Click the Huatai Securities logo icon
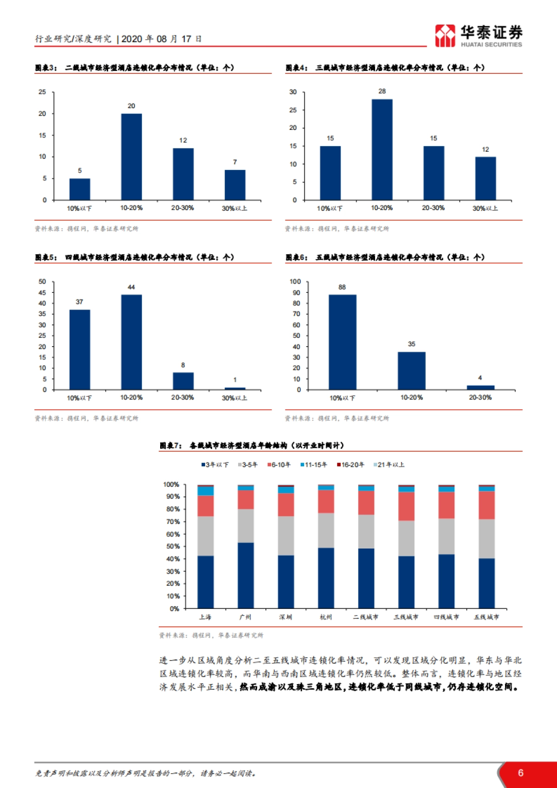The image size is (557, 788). [445, 36]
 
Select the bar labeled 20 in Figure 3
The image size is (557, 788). [131, 157]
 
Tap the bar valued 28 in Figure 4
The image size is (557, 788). [382, 149]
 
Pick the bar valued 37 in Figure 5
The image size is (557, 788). [80, 349]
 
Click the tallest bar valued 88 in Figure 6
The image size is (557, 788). [343, 342]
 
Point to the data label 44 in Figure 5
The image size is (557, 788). [131, 287]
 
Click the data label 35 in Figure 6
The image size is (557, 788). [412, 344]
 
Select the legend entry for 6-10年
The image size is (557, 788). [279, 465]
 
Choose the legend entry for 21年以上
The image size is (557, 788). [389, 465]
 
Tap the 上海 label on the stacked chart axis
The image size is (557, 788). [205, 617]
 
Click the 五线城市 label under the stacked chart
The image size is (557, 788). [486, 617]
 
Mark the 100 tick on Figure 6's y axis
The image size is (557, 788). [295, 282]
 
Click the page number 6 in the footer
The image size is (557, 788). [520, 773]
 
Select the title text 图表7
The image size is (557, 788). [170, 446]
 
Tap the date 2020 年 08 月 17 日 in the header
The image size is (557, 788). [161, 39]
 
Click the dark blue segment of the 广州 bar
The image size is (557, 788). [246, 575]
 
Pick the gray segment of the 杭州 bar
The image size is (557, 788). [326, 530]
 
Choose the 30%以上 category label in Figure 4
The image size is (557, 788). [485, 208]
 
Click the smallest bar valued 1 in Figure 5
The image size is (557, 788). [235, 388]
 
